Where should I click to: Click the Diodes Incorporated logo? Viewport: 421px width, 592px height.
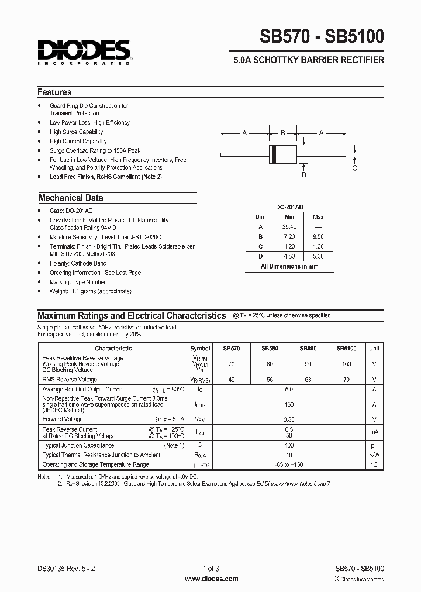click(x=85, y=51)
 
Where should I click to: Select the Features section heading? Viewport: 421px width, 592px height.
click(x=54, y=92)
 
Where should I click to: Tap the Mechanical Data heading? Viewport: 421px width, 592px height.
click(x=71, y=198)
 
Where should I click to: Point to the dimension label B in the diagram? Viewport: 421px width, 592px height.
click(x=282, y=133)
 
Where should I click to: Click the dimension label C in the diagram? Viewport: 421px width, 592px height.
click(x=355, y=168)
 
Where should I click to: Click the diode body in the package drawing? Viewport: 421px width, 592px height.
click(x=282, y=153)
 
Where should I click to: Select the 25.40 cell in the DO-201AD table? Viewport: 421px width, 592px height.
click(x=289, y=226)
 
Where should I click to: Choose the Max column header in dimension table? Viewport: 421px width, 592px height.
click(x=318, y=217)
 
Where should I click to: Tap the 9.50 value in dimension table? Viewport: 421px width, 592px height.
click(x=318, y=236)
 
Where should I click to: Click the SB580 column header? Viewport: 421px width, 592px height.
click(x=270, y=348)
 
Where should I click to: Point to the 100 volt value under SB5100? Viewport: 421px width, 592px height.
click(x=347, y=364)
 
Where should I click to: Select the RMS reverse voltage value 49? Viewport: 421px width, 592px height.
click(x=232, y=379)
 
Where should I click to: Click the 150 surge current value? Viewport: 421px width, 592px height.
click(x=288, y=404)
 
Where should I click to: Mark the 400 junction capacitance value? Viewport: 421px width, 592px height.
click(x=288, y=446)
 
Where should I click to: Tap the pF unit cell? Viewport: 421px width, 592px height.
click(x=374, y=446)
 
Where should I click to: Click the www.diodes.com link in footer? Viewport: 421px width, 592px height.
click(x=211, y=578)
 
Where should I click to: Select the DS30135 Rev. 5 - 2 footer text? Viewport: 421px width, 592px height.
click(x=65, y=568)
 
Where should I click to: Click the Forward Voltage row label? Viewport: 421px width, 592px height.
click(x=63, y=419)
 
